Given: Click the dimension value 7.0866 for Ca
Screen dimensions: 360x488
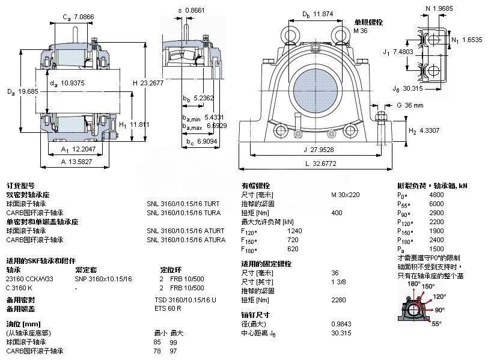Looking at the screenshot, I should click(x=82, y=17).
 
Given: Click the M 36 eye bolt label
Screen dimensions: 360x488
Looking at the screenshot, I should click(x=360, y=30).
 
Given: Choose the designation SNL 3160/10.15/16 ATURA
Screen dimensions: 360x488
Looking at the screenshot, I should click(x=186, y=240).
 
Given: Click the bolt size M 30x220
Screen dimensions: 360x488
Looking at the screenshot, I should click(x=346, y=195).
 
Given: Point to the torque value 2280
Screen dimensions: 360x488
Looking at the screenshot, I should click(x=339, y=299).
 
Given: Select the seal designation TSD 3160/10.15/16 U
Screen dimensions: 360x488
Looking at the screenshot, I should click(x=185, y=299).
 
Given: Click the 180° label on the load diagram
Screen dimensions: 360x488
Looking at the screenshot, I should click(x=413, y=284).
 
